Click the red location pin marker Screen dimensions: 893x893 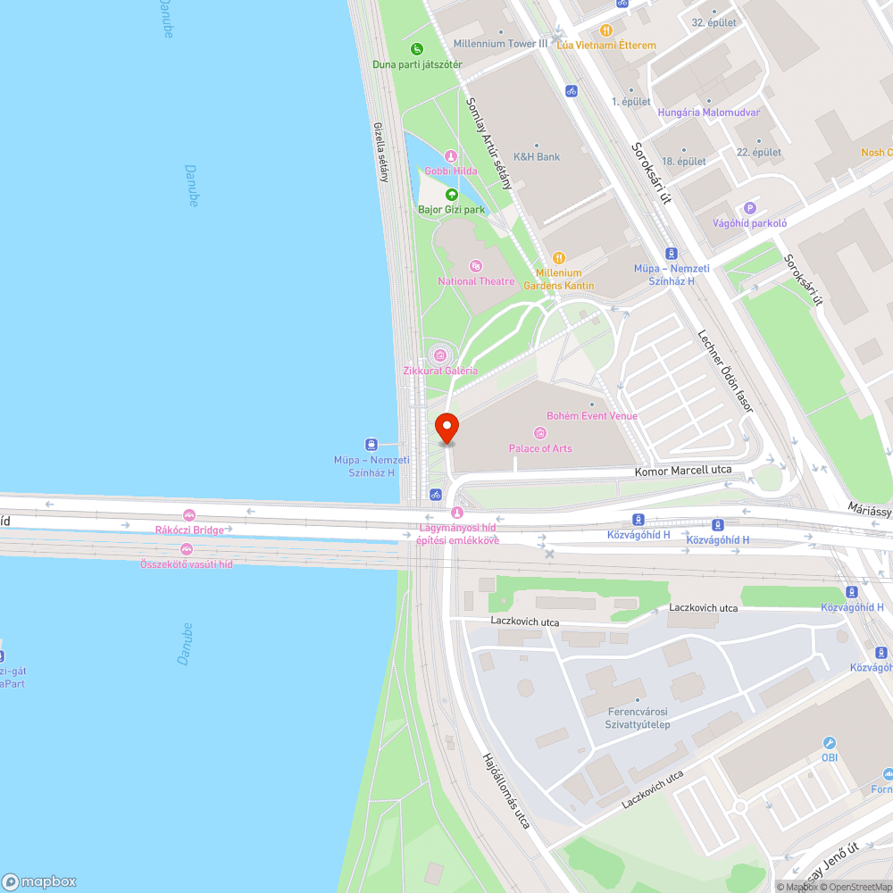446,428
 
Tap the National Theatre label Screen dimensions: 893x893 476,281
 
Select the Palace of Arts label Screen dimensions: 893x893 540,448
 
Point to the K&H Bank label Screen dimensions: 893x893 537,157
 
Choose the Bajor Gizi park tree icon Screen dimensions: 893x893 452,194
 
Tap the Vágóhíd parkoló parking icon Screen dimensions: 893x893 750,207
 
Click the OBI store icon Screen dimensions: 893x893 830,743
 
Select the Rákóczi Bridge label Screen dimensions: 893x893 189,530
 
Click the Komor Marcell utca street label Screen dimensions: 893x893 683,470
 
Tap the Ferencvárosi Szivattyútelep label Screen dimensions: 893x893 626,719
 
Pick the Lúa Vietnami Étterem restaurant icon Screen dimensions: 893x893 605,29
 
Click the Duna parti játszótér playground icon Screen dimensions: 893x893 416,48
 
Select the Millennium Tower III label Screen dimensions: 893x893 501,44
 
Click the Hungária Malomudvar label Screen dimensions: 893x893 708,113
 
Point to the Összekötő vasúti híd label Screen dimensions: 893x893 186,564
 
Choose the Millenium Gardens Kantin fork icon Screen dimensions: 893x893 559,257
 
